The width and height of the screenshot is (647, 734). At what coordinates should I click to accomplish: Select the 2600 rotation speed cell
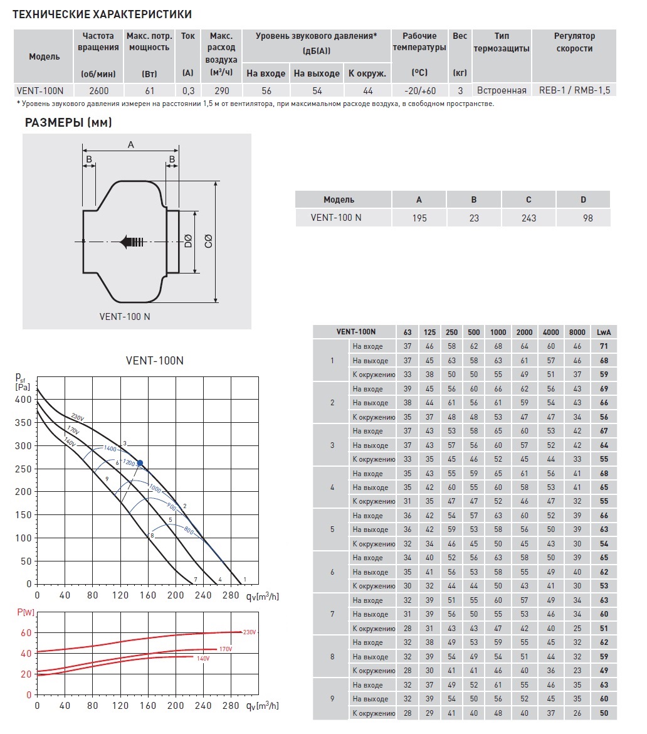pyautogui.click(x=98, y=90)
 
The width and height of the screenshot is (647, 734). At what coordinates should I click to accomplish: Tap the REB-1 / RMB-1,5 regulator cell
pyautogui.click(x=574, y=90)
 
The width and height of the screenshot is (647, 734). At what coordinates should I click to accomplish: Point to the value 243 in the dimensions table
pyautogui.click(x=529, y=218)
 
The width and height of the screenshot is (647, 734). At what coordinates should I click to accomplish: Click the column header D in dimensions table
pyautogui.click(x=583, y=199)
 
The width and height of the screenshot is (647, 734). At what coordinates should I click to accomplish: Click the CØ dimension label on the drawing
pyautogui.click(x=209, y=241)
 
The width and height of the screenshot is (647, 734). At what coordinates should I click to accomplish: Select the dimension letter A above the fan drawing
pyautogui.click(x=130, y=145)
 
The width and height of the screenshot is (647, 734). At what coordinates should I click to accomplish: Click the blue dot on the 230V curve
pyautogui.click(x=140, y=463)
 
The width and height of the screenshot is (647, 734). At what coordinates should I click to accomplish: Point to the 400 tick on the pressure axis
pyautogui.click(x=23, y=399)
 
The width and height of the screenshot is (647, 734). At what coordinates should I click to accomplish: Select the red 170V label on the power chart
pyautogui.click(x=225, y=649)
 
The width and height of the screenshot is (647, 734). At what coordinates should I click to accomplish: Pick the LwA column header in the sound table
pyautogui.click(x=604, y=332)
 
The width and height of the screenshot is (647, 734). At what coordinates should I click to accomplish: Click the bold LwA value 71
pyautogui.click(x=604, y=346)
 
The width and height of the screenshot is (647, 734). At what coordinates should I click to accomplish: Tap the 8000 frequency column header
pyautogui.click(x=577, y=332)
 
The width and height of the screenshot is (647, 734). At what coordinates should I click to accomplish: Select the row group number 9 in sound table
pyautogui.click(x=332, y=698)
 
